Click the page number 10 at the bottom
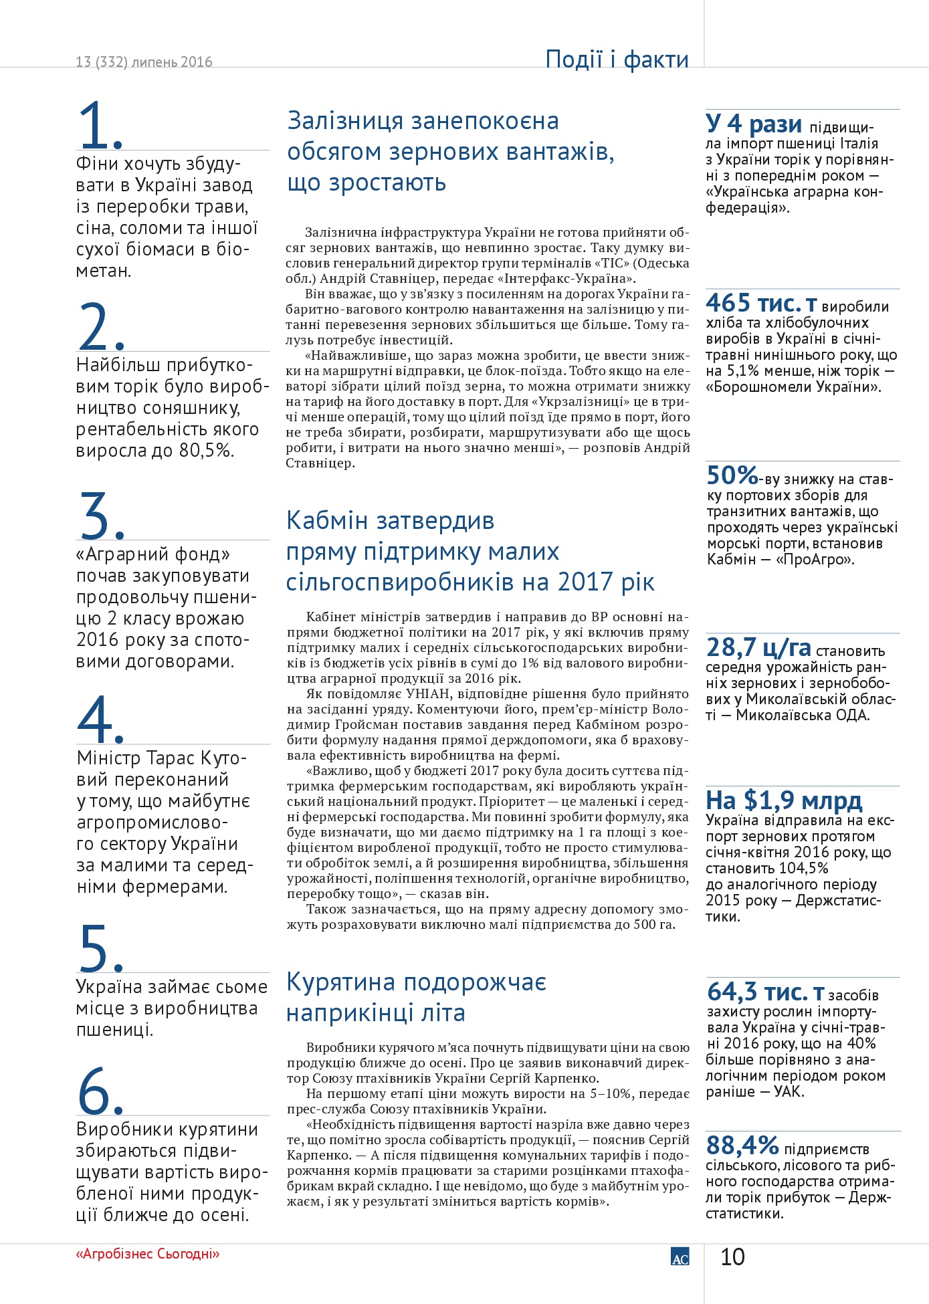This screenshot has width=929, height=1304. pyautogui.click(x=732, y=1257)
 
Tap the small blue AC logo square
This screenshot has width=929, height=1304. pyautogui.click(x=680, y=1257)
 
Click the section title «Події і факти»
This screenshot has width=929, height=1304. pyautogui.click(x=617, y=60)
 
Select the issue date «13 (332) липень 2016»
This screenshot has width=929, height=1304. pyautogui.click(x=144, y=62)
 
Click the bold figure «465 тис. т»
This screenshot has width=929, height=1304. pyautogui.click(x=761, y=304)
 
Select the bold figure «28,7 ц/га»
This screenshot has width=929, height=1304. pyautogui.click(x=758, y=647)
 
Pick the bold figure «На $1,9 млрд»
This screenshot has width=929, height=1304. pyautogui.click(x=784, y=800)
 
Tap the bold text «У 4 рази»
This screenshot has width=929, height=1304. pyautogui.click(x=754, y=124)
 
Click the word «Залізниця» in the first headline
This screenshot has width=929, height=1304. pyautogui.click(x=344, y=122)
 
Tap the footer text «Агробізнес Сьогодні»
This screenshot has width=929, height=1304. pyautogui.click(x=148, y=1254)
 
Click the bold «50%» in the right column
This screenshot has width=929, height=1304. pyautogui.click(x=732, y=475)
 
